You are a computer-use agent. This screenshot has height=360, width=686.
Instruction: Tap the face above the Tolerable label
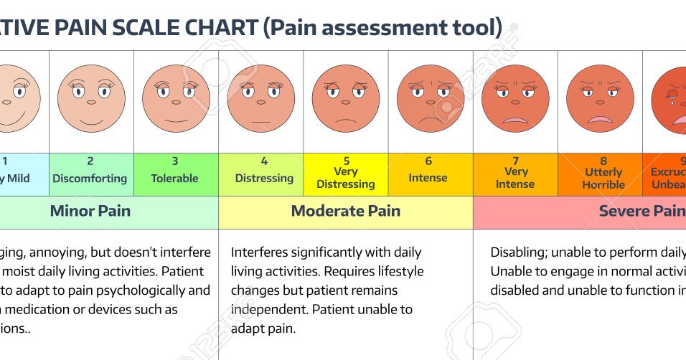point(176,98)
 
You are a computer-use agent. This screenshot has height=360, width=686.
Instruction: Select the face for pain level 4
point(261,98)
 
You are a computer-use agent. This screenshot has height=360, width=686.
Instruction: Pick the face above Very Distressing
point(346,98)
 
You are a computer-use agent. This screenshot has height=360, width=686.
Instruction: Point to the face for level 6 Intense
point(431,98)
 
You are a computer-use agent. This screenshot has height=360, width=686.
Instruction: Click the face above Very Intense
point(515,98)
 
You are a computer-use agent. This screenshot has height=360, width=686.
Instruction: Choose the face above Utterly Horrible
point(600,98)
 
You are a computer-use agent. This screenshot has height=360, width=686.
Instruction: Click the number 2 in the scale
point(90,161)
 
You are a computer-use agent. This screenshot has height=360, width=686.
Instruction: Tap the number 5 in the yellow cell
point(346,161)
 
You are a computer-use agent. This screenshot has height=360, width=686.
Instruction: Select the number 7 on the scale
point(515,161)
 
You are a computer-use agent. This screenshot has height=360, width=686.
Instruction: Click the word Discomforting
point(90,178)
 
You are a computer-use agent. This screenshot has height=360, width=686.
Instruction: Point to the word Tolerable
point(174,178)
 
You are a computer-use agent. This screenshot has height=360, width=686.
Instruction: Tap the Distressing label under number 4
point(264,178)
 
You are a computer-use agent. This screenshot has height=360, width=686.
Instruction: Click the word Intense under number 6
point(428,178)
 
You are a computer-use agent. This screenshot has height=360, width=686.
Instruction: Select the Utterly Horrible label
point(603,179)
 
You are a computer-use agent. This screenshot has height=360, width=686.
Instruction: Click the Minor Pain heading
point(90,211)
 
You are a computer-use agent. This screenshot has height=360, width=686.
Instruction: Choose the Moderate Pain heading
point(346,211)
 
